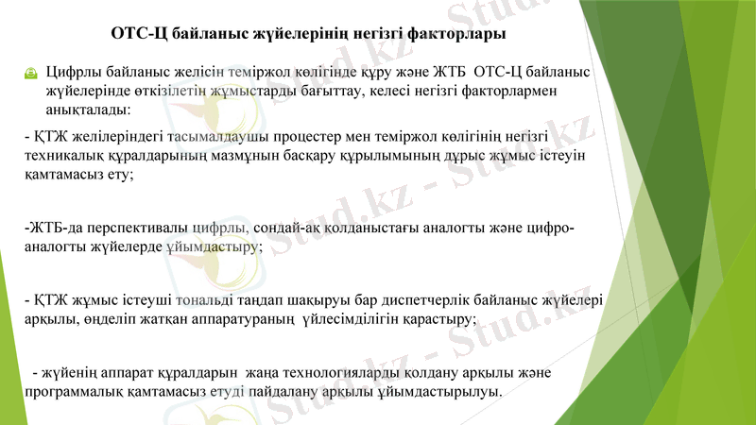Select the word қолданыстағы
pyautogui.click(x=360, y=228)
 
